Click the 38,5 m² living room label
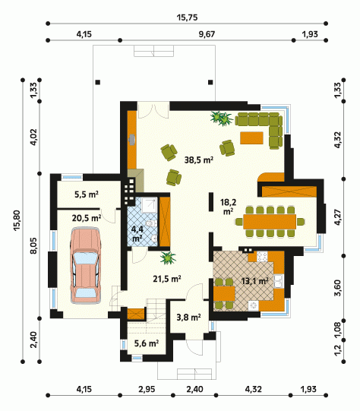point(198,160)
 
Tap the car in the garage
point(85,266)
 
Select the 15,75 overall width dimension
point(187,17)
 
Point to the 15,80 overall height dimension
point(17,220)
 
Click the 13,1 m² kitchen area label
point(254,281)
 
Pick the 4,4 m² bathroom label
point(137,234)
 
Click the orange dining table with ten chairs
point(270,222)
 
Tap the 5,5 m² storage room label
point(87,194)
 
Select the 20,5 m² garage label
point(87,218)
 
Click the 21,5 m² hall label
point(167,279)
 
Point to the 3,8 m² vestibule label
point(188,318)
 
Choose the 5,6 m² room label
point(147,343)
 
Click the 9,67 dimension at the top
point(207,34)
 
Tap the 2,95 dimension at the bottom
point(147,389)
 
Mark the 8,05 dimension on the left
point(34,245)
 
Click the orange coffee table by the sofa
point(251,138)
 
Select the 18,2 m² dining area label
point(228,207)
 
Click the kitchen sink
point(279,281)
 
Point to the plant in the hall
point(168,258)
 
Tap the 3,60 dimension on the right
point(338,288)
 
